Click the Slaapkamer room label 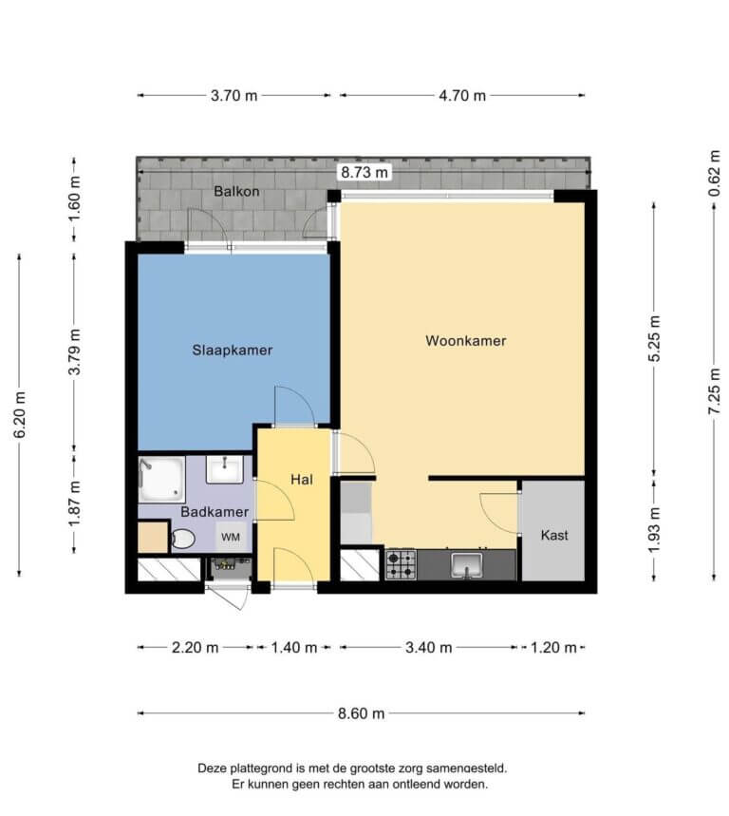point(233,351)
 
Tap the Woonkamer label point(466,341)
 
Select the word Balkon point(236,192)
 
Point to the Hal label point(302,480)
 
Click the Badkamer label point(215,512)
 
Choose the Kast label point(554,535)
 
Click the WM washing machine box point(231,537)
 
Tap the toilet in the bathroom point(182,540)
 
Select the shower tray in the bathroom point(161,480)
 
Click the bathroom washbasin point(225,469)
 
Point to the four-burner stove point(401,564)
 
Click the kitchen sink point(467,565)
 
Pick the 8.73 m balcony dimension point(364,172)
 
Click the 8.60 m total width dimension point(362,713)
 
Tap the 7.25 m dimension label point(714,390)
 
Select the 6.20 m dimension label point(19,415)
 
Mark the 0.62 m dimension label point(714,173)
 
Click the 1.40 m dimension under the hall point(294,648)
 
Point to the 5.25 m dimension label point(654,338)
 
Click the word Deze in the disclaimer point(212,769)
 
